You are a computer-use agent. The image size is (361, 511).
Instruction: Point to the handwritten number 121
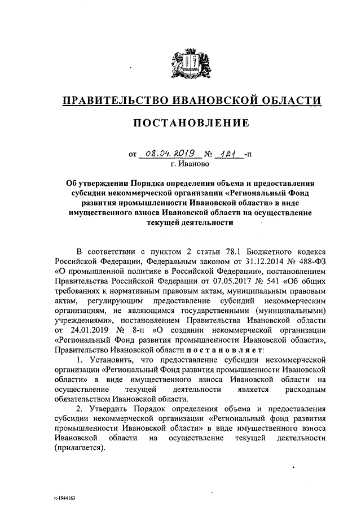click(x=226, y=152)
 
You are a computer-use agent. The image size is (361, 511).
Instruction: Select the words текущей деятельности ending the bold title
click(x=190, y=222)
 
